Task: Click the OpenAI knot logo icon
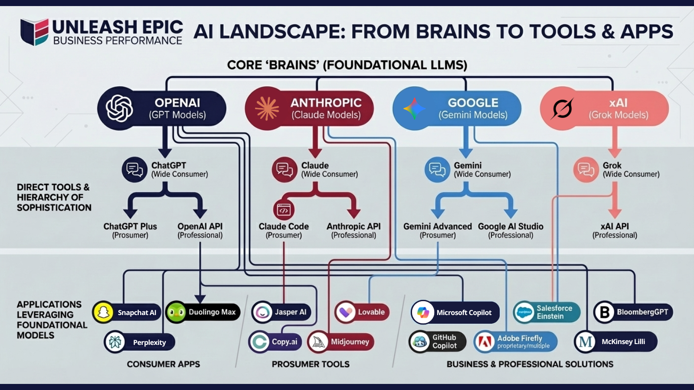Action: click(x=119, y=108)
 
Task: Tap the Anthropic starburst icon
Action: click(x=267, y=108)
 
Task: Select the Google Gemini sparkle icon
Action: click(x=414, y=108)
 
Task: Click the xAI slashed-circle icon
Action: click(x=562, y=108)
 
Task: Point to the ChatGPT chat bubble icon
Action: click(x=134, y=169)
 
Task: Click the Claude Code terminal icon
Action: click(x=284, y=210)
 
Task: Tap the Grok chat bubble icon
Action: click(x=586, y=169)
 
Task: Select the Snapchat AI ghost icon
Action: click(x=103, y=312)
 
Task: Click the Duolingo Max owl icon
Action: click(x=176, y=312)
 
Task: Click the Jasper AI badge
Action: click(x=281, y=312)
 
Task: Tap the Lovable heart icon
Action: click(x=346, y=312)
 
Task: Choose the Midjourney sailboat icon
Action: click(x=318, y=342)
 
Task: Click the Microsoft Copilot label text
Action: click(x=464, y=313)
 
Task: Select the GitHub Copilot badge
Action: click(x=437, y=341)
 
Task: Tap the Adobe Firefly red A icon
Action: click(x=484, y=342)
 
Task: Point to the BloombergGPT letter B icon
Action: click(x=604, y=312)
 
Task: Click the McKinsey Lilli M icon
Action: click(x=585, y=342)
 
